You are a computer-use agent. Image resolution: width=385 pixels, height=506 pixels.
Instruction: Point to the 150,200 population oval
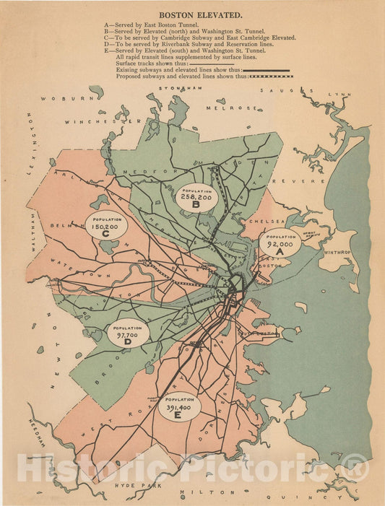(x=106, y=226)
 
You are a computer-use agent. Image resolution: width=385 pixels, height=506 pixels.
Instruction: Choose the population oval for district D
(x=129, y=332)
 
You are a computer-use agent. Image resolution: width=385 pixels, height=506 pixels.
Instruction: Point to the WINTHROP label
(x=337, y=253)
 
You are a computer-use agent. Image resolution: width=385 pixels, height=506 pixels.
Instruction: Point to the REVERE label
(x=308, y=181)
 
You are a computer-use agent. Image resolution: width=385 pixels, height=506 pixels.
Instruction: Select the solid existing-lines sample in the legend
(x=268, y=70)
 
